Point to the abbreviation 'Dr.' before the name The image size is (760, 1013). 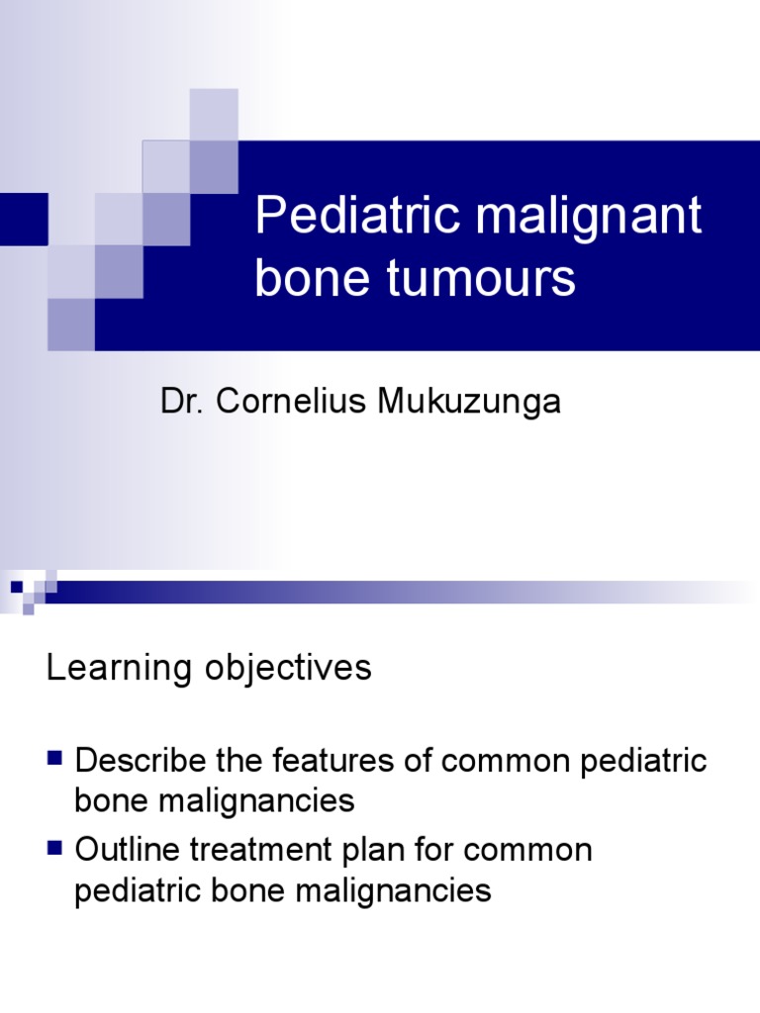point(177,402)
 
